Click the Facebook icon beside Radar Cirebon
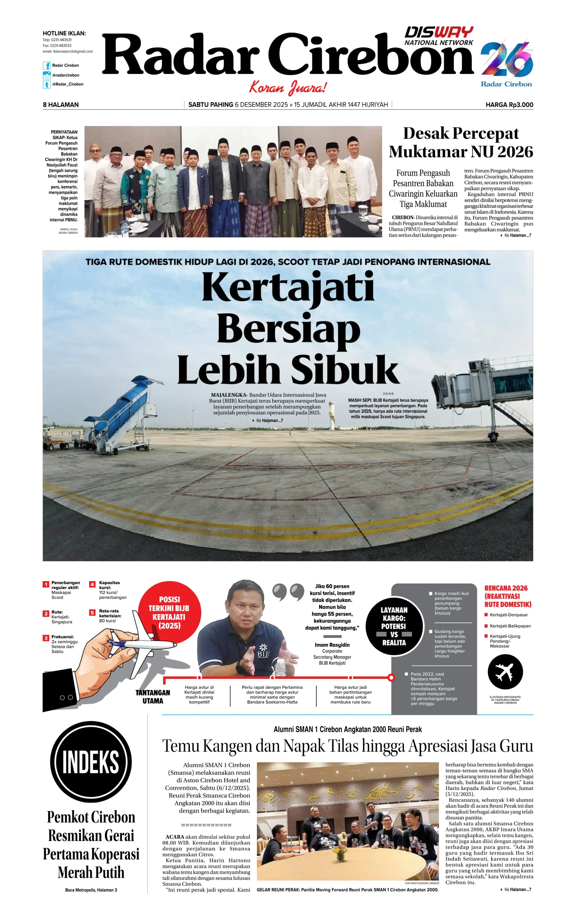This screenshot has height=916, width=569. (x=47, y=65)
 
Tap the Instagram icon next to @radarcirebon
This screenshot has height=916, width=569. (x=47, y=75)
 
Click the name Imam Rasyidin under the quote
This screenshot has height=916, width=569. (x=332, y=645)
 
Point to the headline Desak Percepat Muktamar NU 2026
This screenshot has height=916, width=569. (x=461, y=142)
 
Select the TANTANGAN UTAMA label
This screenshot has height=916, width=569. (x=153, y=697)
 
